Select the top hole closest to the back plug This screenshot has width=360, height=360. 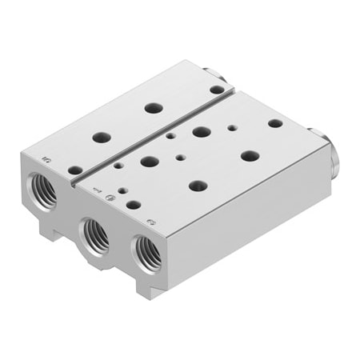[x=216, y=90]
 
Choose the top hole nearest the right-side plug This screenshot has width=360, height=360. [x=275, y=123]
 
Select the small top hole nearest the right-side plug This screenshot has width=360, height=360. [x=232, y=126]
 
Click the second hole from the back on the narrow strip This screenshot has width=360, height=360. [x=152, y=107]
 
